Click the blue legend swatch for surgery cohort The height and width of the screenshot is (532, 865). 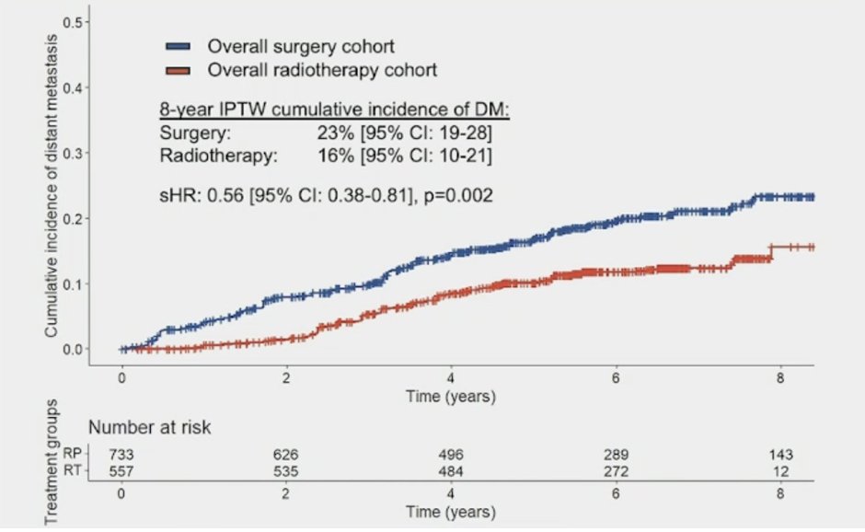pyautogui.click(x=178, y=46)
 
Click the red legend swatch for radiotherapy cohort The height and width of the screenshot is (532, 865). pyautogui.click(x=178, y=70)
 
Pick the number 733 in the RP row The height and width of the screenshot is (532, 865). pyautogui.click(x=122, y=454)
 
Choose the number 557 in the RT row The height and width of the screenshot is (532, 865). pyautogui.click(x=122, y=470)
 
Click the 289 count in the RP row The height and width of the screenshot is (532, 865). pyautogui.click(x=616, y=454)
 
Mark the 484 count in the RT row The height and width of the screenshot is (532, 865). pyautogui.click(x=451, y=470)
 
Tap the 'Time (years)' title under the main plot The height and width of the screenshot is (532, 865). pyautogui.click(x=452, y=398)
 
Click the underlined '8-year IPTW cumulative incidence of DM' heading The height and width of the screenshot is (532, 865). pyautogui.click(x=335, y=111)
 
